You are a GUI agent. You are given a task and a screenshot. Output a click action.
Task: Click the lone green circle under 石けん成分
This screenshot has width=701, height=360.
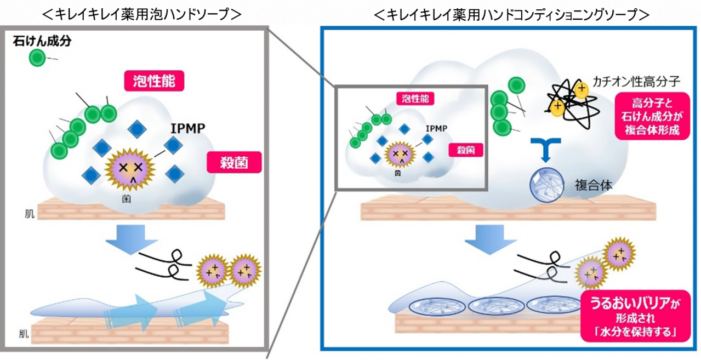point(37,57)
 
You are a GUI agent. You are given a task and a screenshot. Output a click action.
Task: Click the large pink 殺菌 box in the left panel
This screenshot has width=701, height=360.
point(235,163)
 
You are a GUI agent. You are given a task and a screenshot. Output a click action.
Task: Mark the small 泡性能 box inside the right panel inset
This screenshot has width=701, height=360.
point(415,99)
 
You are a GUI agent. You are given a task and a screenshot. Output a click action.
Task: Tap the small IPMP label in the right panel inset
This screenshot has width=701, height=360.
point(436,128)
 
